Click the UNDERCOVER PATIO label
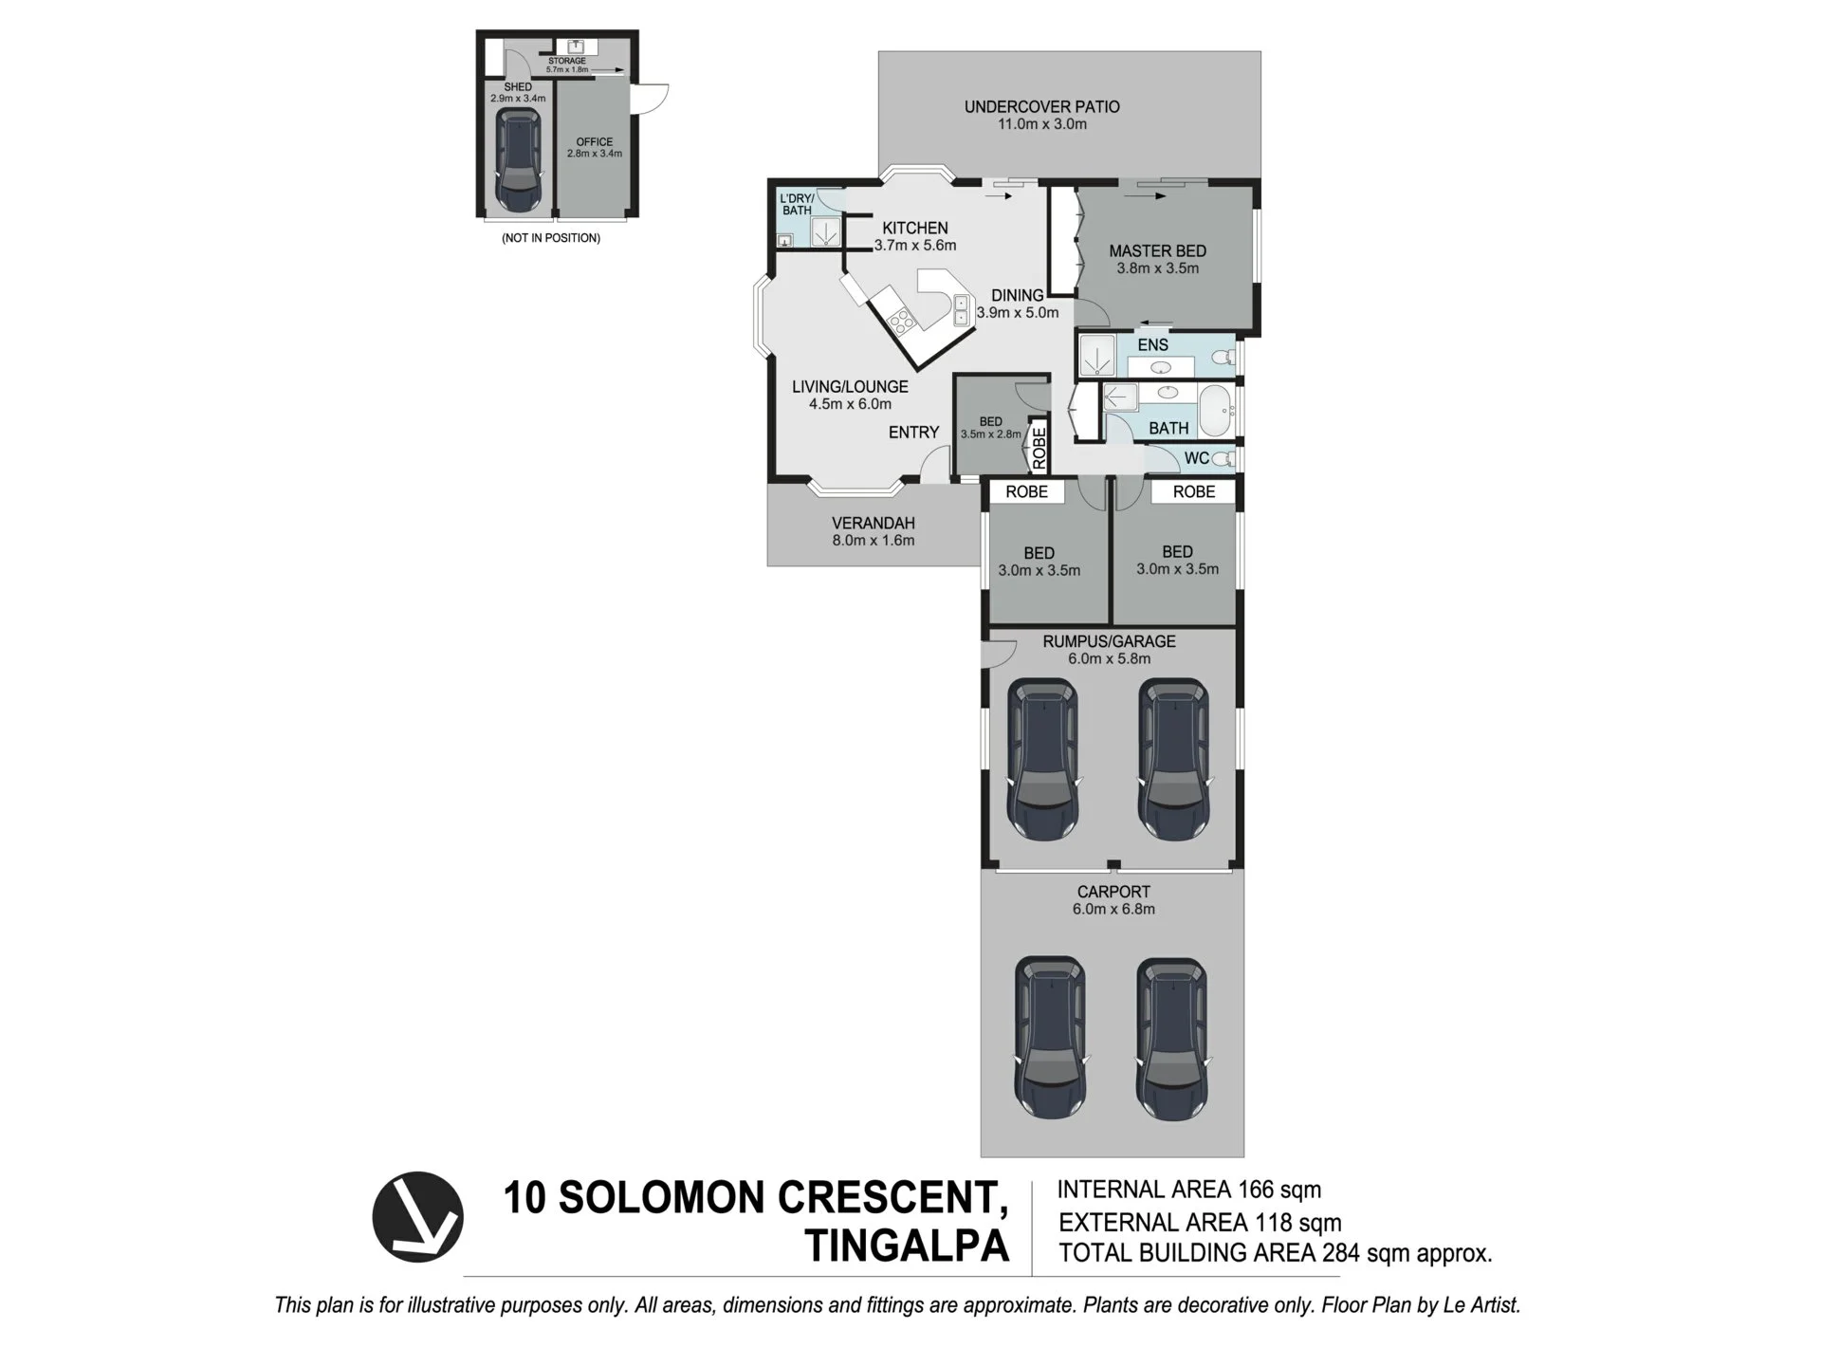click(1041, 107)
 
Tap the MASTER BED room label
click(1157, 251)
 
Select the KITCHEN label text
click(914, 228)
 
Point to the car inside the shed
click(518, 159)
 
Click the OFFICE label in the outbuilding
click(595, 142)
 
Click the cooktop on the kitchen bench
click(902, 321)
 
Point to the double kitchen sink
click(961, 310)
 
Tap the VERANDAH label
click(873, 523)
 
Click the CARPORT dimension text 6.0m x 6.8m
click(1113, 909)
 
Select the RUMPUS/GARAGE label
click(1109, 641)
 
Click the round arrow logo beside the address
click(417, 1217)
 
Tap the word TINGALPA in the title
click(907, 1246)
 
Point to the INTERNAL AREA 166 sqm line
click(1188, 1190)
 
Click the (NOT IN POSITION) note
click(551, 238)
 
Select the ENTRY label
click(913, 433)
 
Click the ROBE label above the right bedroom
click(1193, 491)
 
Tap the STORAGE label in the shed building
click(567, 61)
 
